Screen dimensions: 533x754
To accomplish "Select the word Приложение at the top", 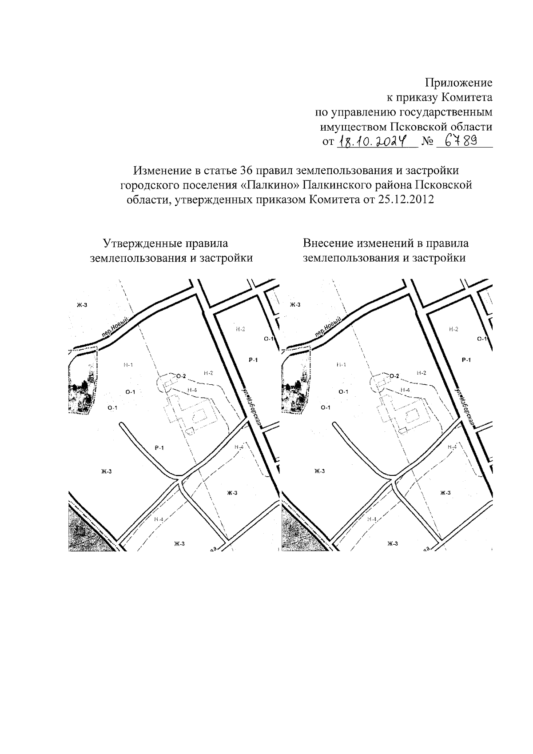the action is [459, 83].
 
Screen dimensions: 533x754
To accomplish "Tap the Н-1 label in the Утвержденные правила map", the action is [128, 365].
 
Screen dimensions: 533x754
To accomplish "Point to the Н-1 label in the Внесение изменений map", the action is [341, 365].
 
